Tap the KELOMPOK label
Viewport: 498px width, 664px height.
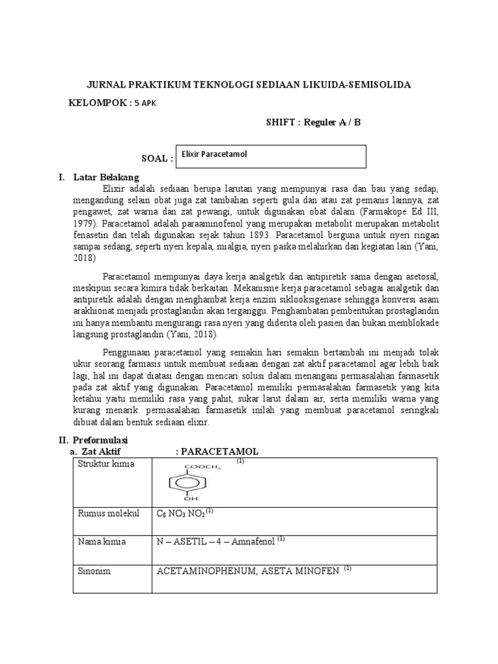coord(99,102)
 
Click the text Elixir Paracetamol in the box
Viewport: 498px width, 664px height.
coord(215,154)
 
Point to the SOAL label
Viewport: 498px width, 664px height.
coord(156,159)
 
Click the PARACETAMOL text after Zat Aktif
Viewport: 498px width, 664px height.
coord(220,451)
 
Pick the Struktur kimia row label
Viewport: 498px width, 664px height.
coord(104,464)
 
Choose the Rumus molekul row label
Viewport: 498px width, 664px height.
coord(108,514)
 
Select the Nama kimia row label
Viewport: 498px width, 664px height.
coord(102,541)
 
